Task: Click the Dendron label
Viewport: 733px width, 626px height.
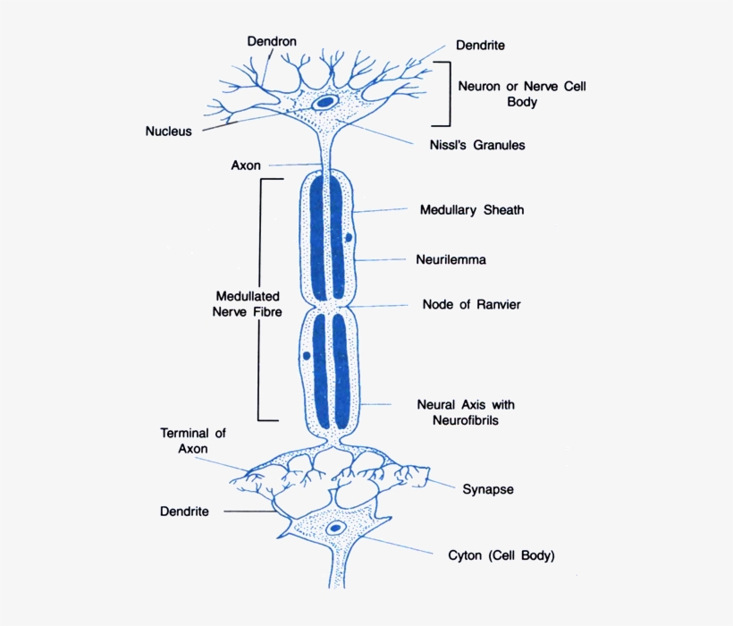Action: [x=272, y=41]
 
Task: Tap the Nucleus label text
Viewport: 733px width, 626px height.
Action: [x=168, y=131]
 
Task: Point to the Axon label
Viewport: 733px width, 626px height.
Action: [x=246, y=165]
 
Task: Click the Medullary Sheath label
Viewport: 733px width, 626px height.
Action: [x=472, y=210]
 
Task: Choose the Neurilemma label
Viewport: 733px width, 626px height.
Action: [x=451, y=260]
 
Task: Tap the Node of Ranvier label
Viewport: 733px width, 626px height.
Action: [x=471, y=304]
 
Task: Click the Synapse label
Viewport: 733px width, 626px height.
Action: [x=487, y=489]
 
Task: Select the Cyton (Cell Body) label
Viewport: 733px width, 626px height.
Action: [x=501, y=555]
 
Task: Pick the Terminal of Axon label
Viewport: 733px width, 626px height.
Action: [x=193, y=441]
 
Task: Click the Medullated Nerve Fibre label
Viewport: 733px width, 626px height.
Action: [x=248, y=304]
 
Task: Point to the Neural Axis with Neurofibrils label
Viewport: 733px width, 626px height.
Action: [x=466, y=412]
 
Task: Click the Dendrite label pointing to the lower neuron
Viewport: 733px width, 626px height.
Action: [x=184, y=512]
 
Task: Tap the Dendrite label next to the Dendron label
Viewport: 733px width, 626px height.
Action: [x=481, y=45]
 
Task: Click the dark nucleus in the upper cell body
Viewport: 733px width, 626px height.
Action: [x=327, y=102]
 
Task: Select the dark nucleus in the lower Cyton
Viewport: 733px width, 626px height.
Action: [x=336, y=529]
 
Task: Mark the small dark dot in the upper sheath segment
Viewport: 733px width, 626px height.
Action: [x=350, y=238]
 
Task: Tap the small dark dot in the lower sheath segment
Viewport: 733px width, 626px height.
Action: [x=307, y=355]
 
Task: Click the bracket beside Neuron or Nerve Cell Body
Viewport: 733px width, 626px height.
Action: [x=444, y=94]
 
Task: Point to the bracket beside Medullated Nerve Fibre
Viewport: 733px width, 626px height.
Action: [x=261, y=300]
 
